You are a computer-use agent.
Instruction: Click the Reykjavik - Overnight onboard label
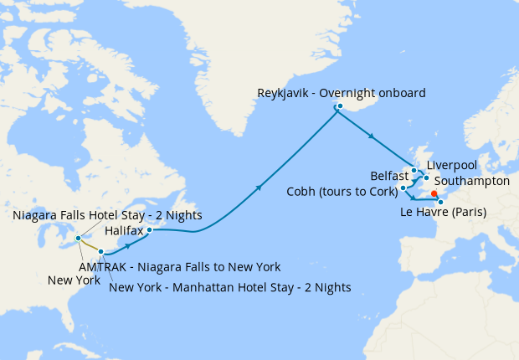[x=342, y=92]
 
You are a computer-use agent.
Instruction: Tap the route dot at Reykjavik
[x=339, y=106]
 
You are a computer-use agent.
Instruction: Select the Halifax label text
[x=124, y=229]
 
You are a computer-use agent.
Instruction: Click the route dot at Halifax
[x=149, y=229]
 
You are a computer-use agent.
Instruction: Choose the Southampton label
[x=472, y=180]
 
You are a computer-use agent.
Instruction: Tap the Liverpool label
[x=452, y=165]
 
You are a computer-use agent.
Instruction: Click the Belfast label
[x=389, y=177]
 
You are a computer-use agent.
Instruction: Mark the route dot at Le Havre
[x=440, y=202]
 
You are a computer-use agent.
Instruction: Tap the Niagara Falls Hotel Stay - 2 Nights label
[x=107, y=216]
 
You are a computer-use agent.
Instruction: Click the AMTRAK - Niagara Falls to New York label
[x=179, y=267]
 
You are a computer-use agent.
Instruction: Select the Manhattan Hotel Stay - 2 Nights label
[x=230, y=287]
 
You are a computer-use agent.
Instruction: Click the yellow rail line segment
[x=89, y=245]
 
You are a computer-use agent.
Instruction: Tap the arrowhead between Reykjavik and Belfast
[x=370, y=136]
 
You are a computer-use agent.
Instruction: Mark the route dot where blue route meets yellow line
[x=100, y=252]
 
